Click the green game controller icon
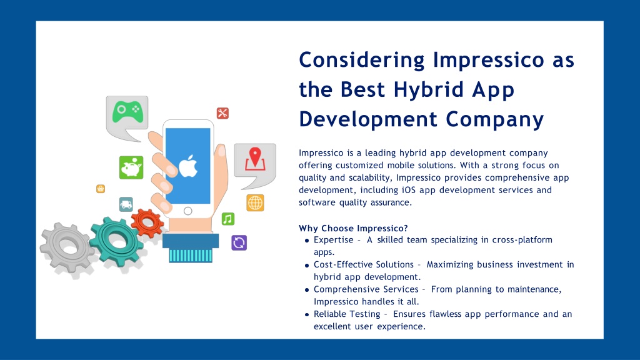pos(127,112)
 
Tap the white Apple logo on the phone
pos(188,166)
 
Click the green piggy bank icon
pos(131,167)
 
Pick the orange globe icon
pos(255,203)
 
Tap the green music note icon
pos(228,219)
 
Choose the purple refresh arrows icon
pos(239,242)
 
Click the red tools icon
pos(222,113)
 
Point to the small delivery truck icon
pos(126,204)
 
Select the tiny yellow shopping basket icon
pos(101,189)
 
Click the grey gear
pos(67,246)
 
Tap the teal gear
pos(116,241)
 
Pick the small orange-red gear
pos(147,223)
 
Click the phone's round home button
pos(187,211)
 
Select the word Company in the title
pos(495,119)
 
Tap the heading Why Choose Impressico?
pos(353,228)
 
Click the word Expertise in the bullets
pos(334,240)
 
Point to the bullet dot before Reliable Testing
pos(307,315)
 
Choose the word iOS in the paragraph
pos(409,190)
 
